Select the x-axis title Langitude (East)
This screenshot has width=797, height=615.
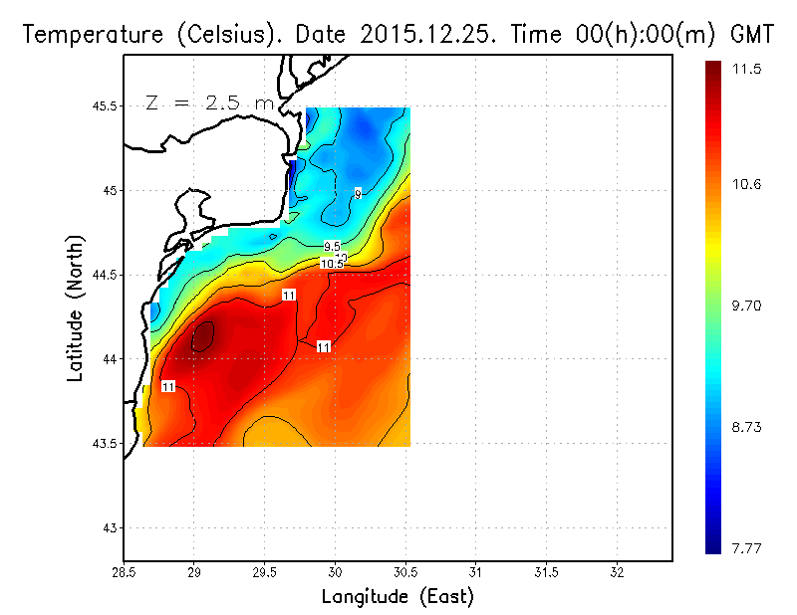(x=398, y=597)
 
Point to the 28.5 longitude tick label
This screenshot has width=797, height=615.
(x=124, y=572)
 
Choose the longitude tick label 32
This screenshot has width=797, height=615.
(x=617, y=572)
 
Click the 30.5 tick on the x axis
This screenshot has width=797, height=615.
(x=405, y=572)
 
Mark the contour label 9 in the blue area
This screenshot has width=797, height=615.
(x=358, y=193)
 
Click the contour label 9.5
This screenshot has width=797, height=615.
(x=332, y=246)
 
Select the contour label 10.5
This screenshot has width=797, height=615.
(x=332, y=264)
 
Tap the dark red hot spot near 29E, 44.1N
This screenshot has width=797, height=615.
(x=202, y=336)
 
